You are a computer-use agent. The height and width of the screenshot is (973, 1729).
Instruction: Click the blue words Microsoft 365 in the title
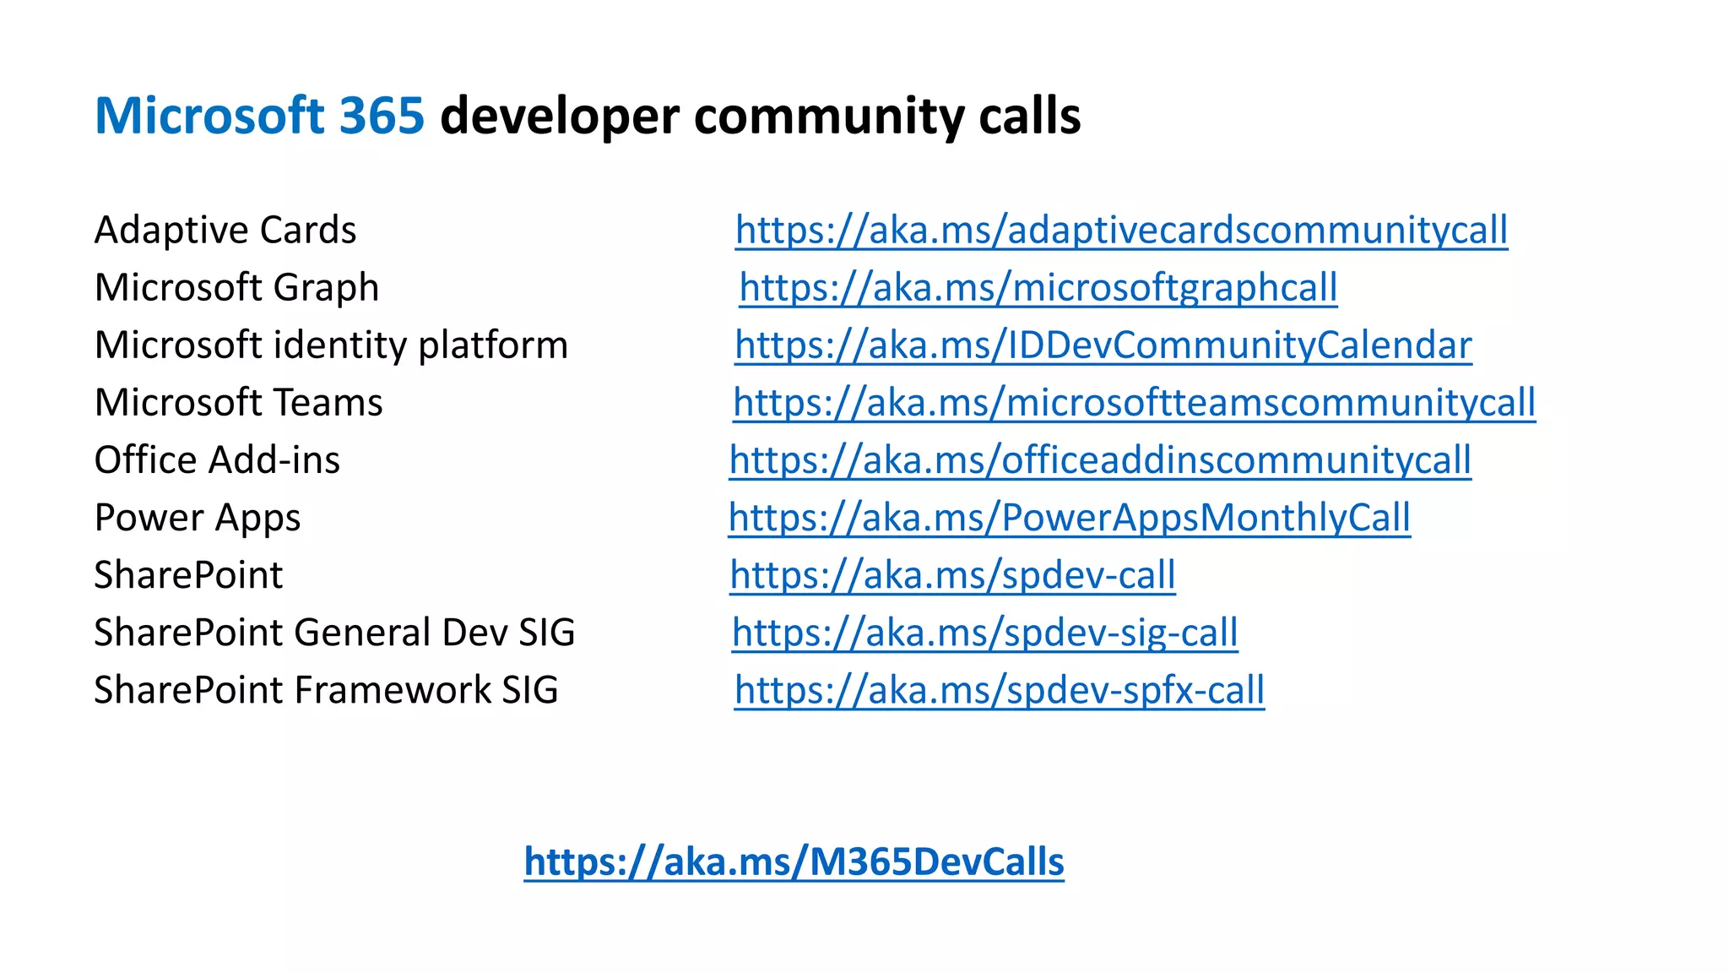point(259,116)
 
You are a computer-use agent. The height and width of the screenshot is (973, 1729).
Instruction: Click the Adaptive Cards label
point(225,230)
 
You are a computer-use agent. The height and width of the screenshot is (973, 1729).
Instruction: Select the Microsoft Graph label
point(236,287)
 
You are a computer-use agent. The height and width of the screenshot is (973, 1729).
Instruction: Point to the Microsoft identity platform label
point(331,345)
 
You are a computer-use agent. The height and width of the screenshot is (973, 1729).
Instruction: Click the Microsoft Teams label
point(238,402)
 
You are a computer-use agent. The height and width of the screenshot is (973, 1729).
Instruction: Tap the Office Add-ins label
point(217,459)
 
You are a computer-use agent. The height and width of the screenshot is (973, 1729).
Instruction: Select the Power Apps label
point(197,517)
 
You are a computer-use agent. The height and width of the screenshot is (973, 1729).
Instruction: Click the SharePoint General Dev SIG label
point(334,632)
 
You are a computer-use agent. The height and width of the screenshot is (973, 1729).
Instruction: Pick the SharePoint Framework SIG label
point(326,689)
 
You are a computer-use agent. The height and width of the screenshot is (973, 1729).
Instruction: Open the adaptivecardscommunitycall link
point(1121,230)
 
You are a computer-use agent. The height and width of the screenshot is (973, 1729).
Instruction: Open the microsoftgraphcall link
point(1038,287)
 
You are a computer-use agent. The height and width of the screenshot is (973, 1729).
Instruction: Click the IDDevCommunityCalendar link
point(1103,345)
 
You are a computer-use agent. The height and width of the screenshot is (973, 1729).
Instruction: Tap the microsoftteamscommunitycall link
point(1134,402)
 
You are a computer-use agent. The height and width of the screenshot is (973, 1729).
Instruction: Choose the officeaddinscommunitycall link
point(1099,459)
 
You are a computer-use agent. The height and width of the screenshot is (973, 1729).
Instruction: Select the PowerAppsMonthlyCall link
point(1069,517)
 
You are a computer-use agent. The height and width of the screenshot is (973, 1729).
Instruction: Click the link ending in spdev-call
point(952,574)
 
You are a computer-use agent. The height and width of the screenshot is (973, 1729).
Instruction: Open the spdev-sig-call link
point(984,632)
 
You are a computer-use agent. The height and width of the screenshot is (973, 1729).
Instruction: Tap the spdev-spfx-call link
point(999,689)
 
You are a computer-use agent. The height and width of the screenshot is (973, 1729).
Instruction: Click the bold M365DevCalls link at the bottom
point(794,862)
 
